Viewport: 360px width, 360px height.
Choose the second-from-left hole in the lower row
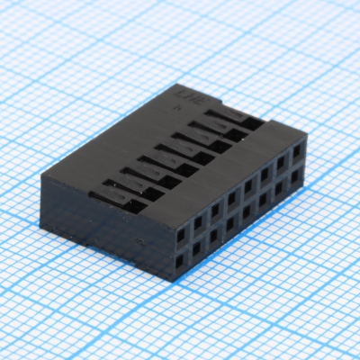click(199, 247)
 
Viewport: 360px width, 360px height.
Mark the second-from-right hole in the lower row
click(281, 187)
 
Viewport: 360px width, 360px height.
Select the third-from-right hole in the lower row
click(265, 199)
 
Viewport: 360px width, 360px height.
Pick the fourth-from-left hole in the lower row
click(233, 223)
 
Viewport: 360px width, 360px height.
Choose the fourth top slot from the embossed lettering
click(184, 152)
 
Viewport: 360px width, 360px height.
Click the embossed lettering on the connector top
click(184, 96)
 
